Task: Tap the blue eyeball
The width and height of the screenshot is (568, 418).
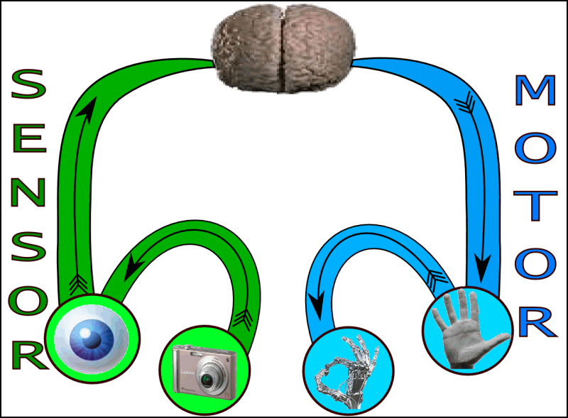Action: tap(91, 337)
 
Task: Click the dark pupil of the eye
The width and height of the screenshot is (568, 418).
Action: tap(91, 339)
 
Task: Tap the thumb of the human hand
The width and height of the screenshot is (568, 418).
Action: tap(497, 339)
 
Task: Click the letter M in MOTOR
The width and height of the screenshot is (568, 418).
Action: tap(535, 91)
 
